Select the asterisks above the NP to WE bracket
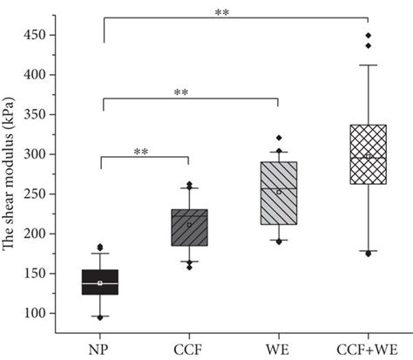[x=181, y=92]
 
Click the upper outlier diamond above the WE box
[x=279, y=138]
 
